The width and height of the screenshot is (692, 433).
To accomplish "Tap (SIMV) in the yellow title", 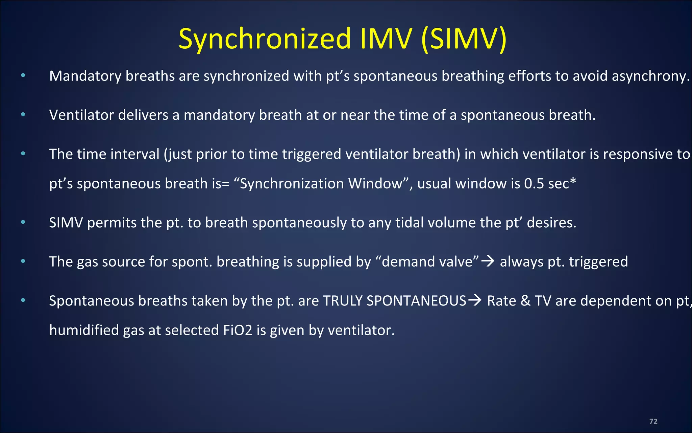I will click(464, 39).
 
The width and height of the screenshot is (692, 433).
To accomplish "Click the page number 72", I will click(653, 421).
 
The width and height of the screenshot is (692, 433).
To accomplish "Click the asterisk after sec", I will click(573, 182).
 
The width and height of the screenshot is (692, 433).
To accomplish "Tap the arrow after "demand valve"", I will click(488, 261).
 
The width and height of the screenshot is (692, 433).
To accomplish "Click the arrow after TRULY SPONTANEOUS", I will click(475, 300).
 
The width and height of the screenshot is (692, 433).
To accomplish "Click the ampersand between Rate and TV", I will click(525, 301).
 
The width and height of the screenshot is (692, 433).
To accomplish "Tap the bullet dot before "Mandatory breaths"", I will click(23, 75).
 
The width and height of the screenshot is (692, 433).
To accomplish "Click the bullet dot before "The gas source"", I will click(23, 261).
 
